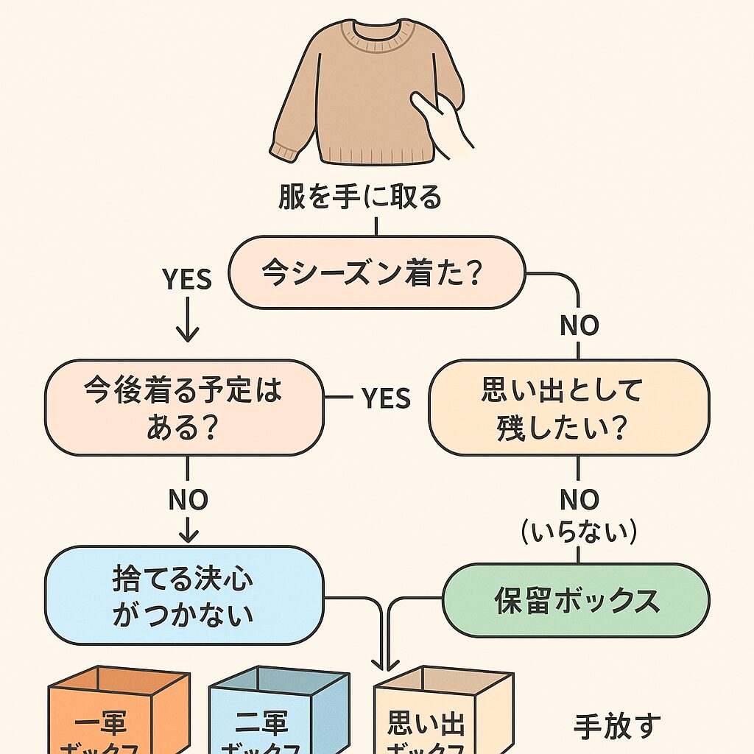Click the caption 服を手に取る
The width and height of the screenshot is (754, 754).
359,198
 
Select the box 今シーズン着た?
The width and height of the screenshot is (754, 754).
377,272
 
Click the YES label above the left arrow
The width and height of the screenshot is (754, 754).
186,279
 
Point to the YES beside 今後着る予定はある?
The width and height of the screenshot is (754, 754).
386,398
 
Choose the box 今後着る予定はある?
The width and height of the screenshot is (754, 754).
184,407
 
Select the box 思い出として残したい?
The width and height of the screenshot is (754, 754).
568,408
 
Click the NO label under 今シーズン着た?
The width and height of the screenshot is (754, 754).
579,325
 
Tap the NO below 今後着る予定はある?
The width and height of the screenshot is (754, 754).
188,500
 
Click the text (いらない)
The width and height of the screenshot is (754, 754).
579,532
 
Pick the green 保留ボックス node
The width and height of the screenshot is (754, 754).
576,600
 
